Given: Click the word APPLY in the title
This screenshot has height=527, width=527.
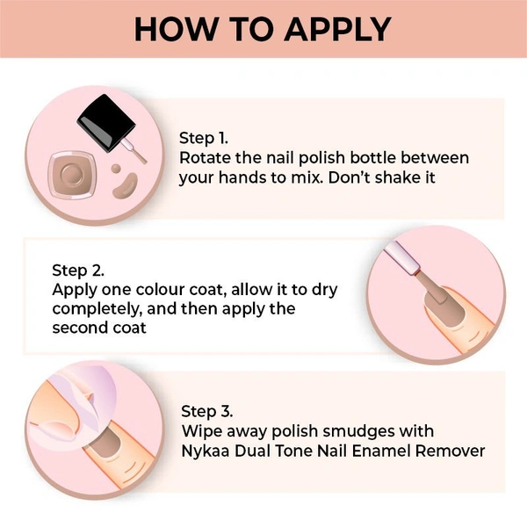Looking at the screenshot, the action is (x=338, y=29).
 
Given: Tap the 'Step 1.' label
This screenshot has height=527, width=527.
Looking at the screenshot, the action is (x=204, y=138).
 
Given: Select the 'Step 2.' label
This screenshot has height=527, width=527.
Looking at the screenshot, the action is (x=78, y=271).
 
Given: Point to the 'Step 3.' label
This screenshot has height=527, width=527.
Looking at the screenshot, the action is (x=207, y=411).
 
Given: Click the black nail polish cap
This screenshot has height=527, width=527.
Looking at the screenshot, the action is (x=106, y=123).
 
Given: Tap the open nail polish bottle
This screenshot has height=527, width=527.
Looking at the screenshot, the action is (x=72, y=175).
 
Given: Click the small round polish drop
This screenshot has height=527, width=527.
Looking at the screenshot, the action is (x=116, y=169).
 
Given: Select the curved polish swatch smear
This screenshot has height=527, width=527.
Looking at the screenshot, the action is (x=126, y=186).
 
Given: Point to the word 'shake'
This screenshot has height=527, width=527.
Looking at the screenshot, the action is (x=396, y=177).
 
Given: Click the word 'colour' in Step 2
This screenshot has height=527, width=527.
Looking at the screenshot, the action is (x=161, y=289).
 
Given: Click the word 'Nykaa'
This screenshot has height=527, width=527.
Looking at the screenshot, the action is (x=206, y=451).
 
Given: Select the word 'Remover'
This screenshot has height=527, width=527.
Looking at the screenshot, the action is (x=451, y=451).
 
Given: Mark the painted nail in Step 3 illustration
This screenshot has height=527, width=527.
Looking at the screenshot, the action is (x=105, y=444).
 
